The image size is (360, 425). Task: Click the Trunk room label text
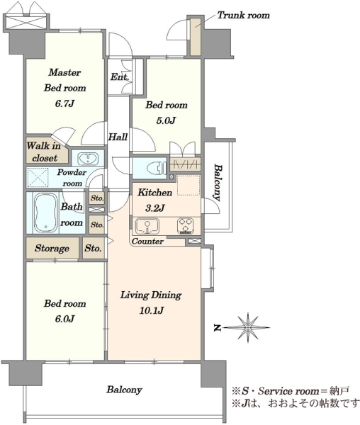[244, 15]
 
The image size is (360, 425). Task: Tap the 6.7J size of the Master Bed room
[64, 103]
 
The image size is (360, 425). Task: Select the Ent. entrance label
[120, 77]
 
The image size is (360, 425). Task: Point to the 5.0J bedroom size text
[166, 120]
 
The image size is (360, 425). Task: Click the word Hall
[118, 137]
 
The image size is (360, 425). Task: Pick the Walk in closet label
[44, 152]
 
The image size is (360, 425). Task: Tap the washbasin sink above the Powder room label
[88, 159]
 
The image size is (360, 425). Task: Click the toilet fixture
[157, 168]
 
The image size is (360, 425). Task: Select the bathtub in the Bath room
[46, 213]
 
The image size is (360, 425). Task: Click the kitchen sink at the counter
[147, 226]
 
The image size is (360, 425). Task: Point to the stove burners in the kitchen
[186, 226]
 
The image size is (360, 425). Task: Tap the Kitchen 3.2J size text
[154, 208]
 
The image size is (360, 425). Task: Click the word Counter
[147, 241]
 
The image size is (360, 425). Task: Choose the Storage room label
[52, 249]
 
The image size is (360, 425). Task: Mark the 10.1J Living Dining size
[151, 310]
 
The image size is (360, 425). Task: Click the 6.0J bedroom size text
[64, 319]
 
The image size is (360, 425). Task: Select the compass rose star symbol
[247, 328]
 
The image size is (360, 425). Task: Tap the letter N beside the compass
[217, 328]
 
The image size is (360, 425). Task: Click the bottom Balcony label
[124, 390]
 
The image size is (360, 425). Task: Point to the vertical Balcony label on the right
[217, 182]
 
